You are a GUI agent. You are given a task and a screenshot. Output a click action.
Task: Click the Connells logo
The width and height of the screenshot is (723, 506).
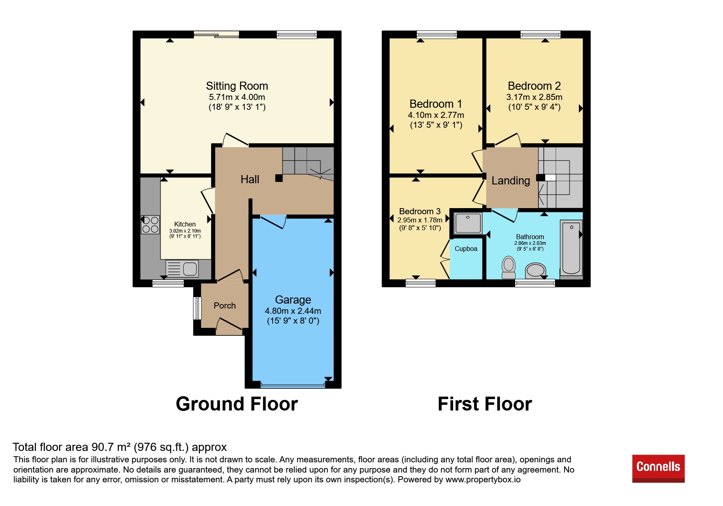pos(658,468)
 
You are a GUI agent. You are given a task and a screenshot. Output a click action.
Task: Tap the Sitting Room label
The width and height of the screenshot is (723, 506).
pos(237,86)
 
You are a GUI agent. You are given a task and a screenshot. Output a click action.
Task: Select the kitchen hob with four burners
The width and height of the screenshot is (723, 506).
pos(150,224)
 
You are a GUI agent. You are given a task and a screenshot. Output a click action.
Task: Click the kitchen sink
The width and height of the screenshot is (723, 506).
pos(182,269)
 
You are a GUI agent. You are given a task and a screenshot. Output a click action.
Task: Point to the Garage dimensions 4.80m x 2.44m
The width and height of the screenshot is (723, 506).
pos(293,311)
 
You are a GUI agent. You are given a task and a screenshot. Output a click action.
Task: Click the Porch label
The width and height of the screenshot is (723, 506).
pos(225,306)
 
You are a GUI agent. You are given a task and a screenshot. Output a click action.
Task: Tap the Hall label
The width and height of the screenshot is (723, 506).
pos(250,180)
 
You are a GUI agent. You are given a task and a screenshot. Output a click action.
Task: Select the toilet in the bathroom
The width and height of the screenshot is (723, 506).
pos(509,267)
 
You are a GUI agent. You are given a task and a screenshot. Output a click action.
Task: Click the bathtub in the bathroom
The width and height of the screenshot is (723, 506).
pos(571,248)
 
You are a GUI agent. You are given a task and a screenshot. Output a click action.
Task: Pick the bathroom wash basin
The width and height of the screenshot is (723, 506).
pos(536,271)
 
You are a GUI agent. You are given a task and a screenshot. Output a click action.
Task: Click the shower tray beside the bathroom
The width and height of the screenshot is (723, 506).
pos(468,223)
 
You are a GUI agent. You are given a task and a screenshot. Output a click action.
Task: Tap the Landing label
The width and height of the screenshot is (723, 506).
pos(511,181)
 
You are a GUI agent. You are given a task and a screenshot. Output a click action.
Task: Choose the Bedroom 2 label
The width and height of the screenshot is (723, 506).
pos(534,86)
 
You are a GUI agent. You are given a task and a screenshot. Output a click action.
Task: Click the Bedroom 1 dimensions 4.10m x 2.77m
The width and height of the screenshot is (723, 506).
pos(436,115)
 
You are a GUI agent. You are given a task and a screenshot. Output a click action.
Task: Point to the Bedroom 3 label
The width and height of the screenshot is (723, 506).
pos(420,211)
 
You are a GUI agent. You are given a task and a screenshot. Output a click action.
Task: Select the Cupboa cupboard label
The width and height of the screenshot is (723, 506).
pos(466,249)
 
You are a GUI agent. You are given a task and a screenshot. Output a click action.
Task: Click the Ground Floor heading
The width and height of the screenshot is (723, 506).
pos(237,404)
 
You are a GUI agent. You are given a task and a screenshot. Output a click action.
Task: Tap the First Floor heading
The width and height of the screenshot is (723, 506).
pos(485,404)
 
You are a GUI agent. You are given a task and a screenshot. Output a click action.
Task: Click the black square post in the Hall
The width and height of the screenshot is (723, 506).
pos(279,178)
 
